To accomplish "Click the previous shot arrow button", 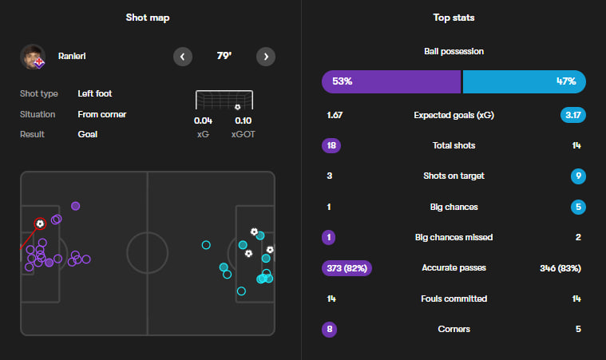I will pyautogui.click(x=183, y=57).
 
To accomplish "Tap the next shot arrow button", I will pyautogui.click(x=266, y=57).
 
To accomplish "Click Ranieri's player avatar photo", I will pyautogui.click(x=33, y=57).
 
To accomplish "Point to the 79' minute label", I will pyautogui.click(x=224, y=57).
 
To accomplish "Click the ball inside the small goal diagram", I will pyautogui.click(x=237, y=107).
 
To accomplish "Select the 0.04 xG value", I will pyautogui.click(x=203, y=121).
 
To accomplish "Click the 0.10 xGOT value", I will pyautogui.click(x=243, y=121).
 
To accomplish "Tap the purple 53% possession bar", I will pyautogui.click(x=391, y=81).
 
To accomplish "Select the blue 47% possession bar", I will pyautogui.click(x=524, y=81).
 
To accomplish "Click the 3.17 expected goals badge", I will pyautogui.click(x=573, y=115).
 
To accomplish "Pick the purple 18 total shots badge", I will pyautogui.click(x=331, y=146).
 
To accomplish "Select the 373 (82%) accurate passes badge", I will pyautogui.click(x=347, y=268).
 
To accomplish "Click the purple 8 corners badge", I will pyautogui.click(x=331, y=329).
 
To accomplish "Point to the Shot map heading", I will pyautogui.click(x=148, y=18).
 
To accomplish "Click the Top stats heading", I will pyautogui.click(x=454, y=18).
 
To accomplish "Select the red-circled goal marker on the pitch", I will pyautogui.click(x=40, y=224).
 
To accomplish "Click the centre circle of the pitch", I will pyautogui.click(x=148, y=253).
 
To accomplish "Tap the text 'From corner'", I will pyautogui.click(x=101, y=114).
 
